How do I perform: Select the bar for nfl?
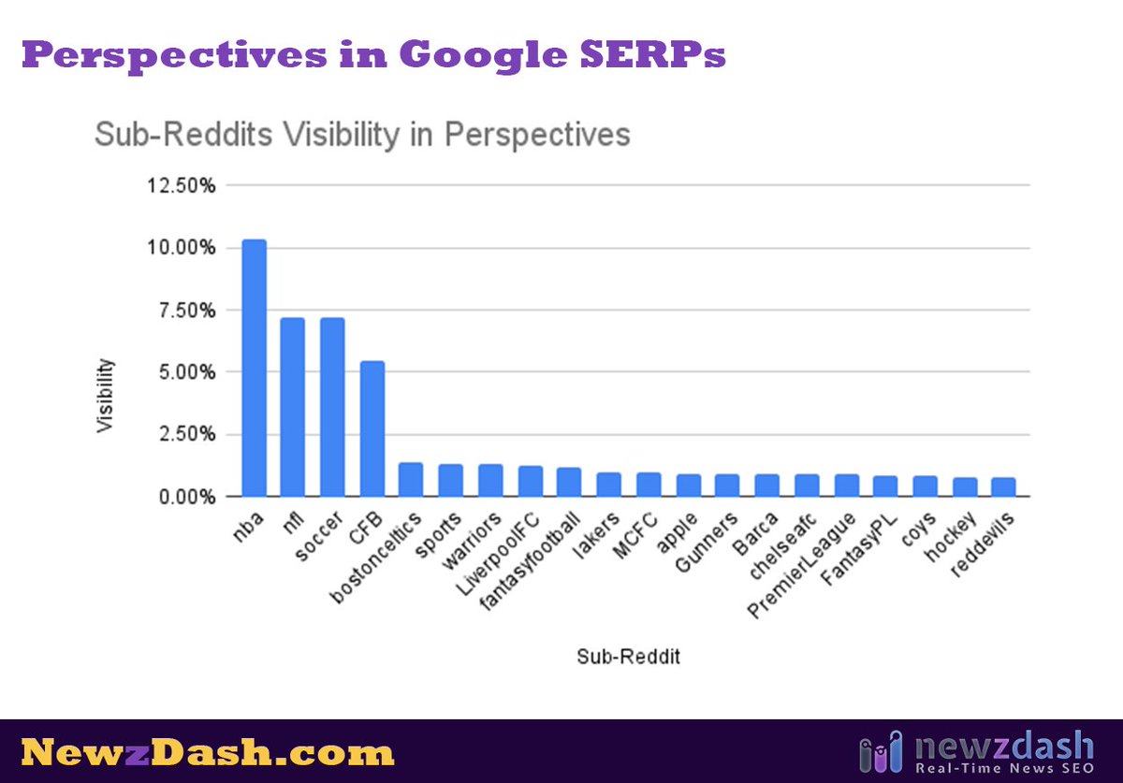pos(293,407)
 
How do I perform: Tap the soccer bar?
pos(332,407)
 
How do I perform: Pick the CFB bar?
pos(372,428)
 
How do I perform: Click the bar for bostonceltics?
pos(411,479)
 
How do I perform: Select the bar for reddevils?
pos(1003,486)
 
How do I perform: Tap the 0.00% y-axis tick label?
pos(187,497)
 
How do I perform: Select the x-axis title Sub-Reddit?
pos(628,657)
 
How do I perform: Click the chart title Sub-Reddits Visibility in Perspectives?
pos(362,135)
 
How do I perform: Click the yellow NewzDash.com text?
pos(208,752)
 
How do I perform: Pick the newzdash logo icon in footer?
pos(881,752)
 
